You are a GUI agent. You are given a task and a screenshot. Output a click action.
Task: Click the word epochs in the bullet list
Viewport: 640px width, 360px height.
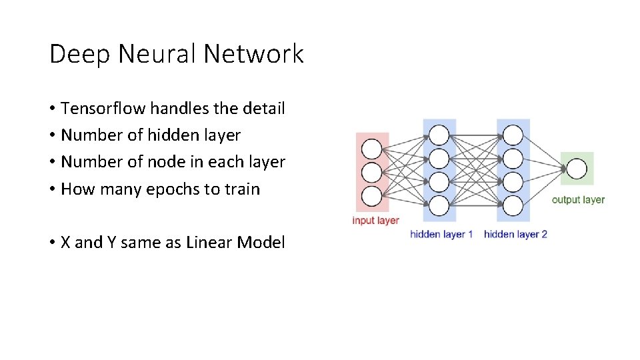pos(174,189)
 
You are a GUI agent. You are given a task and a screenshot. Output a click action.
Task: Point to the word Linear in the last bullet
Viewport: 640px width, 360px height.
pos(209,243)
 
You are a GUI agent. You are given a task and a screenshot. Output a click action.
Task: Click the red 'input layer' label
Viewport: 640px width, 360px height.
pos(375,221)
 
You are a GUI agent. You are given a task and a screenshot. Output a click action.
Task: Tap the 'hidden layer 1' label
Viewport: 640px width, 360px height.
pos(441,234)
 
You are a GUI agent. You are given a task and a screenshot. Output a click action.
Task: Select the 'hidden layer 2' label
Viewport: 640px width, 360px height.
pos(515,234)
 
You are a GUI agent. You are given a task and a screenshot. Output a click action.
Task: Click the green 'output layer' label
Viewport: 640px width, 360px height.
pos(578,199)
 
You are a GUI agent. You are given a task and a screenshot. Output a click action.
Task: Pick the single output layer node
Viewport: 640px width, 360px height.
pos(576,169)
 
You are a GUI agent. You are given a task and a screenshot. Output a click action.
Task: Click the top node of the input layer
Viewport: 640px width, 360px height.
pos(372,148)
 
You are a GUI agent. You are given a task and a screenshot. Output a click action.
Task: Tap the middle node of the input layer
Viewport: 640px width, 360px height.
pos(372,172)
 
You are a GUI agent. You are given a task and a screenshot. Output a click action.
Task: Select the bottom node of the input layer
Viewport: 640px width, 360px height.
pos(372,196)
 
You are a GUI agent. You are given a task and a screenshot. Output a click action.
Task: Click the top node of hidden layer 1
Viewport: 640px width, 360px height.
pos(439,135)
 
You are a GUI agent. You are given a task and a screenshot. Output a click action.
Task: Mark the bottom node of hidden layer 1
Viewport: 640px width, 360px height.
pos(439,206)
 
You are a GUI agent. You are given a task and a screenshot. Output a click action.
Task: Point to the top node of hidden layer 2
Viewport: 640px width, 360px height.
pos(513,135)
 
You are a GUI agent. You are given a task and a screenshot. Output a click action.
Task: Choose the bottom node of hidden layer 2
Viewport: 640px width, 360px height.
pos(513,206)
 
